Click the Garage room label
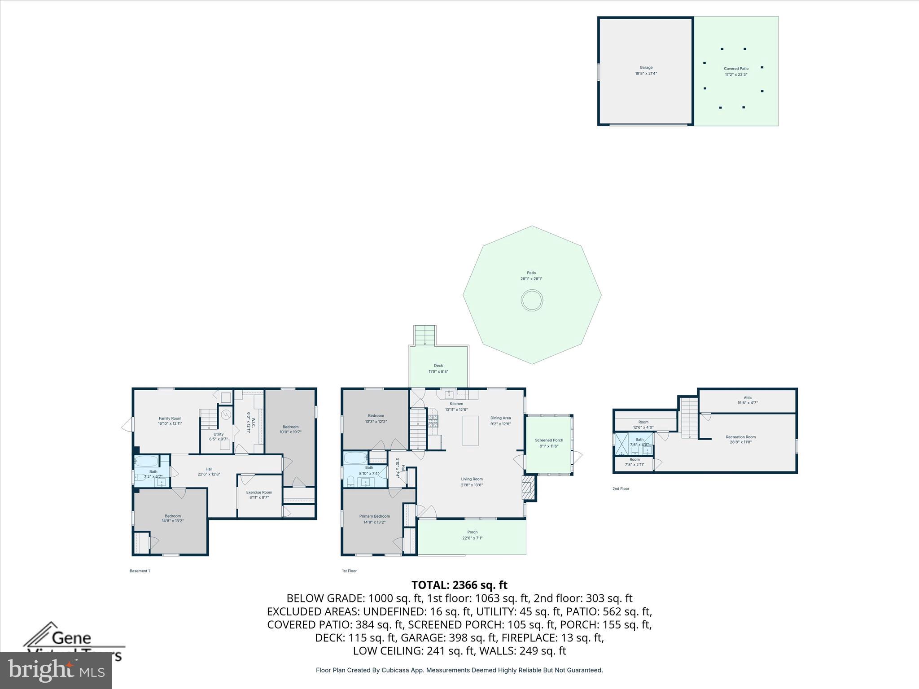(x=646, y=68)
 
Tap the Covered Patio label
(x=736, y=69)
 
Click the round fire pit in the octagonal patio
(x=532, y=300)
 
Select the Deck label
(x=438, y=366)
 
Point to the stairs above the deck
(x=424, y=335)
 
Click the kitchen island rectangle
(x=471, y=431)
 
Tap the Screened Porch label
(x=549, y=440)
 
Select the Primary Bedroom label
(x=374, y=516)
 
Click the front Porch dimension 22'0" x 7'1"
(x=472, y=538)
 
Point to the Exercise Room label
(x=259, y=492)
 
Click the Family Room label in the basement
(x=170, y=418)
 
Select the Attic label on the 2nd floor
(x=747, y=397)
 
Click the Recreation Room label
(x=740, y=437)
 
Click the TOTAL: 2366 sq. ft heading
(x=459, y=585)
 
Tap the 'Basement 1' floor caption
(x=140, y=571)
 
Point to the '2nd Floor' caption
(x=621, y=488)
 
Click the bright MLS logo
(x=56, y=670)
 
